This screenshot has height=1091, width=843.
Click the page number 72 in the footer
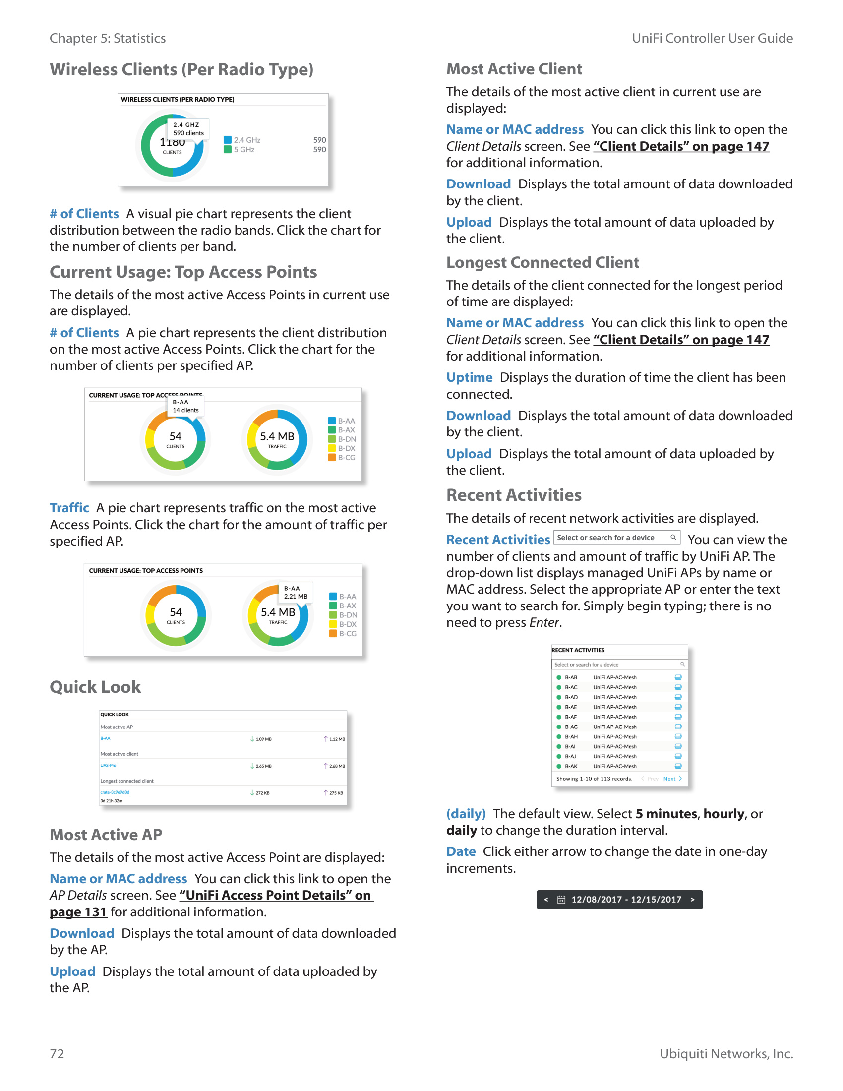[x=57, y=1053]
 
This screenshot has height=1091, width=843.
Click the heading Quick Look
[x=95, y=687]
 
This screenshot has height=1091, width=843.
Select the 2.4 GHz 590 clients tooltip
[x=188, y=129]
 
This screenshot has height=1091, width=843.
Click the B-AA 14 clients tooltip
[x=185, y=406]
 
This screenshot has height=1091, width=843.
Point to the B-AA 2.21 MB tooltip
[x=296, y=593]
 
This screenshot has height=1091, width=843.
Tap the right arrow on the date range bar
[x=692, y=900]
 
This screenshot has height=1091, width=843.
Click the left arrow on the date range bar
[x=546, y=900]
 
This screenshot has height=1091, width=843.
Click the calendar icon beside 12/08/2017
[x=561, y=900]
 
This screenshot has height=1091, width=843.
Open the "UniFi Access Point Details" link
[x=276, y=895]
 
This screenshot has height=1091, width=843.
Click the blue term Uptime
[x=469, y=378]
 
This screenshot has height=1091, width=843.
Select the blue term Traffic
[x=69, y=508]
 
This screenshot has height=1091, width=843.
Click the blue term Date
[x=461, y=851]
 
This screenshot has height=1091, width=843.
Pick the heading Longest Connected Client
[x=542, y=262]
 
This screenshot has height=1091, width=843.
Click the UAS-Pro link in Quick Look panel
[x=108, y=765]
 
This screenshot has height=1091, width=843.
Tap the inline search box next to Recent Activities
[x=616, y=538]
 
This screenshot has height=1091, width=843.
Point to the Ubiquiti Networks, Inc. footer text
[x=726, y=1053]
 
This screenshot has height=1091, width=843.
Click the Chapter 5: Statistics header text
[x=108, y=39]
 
